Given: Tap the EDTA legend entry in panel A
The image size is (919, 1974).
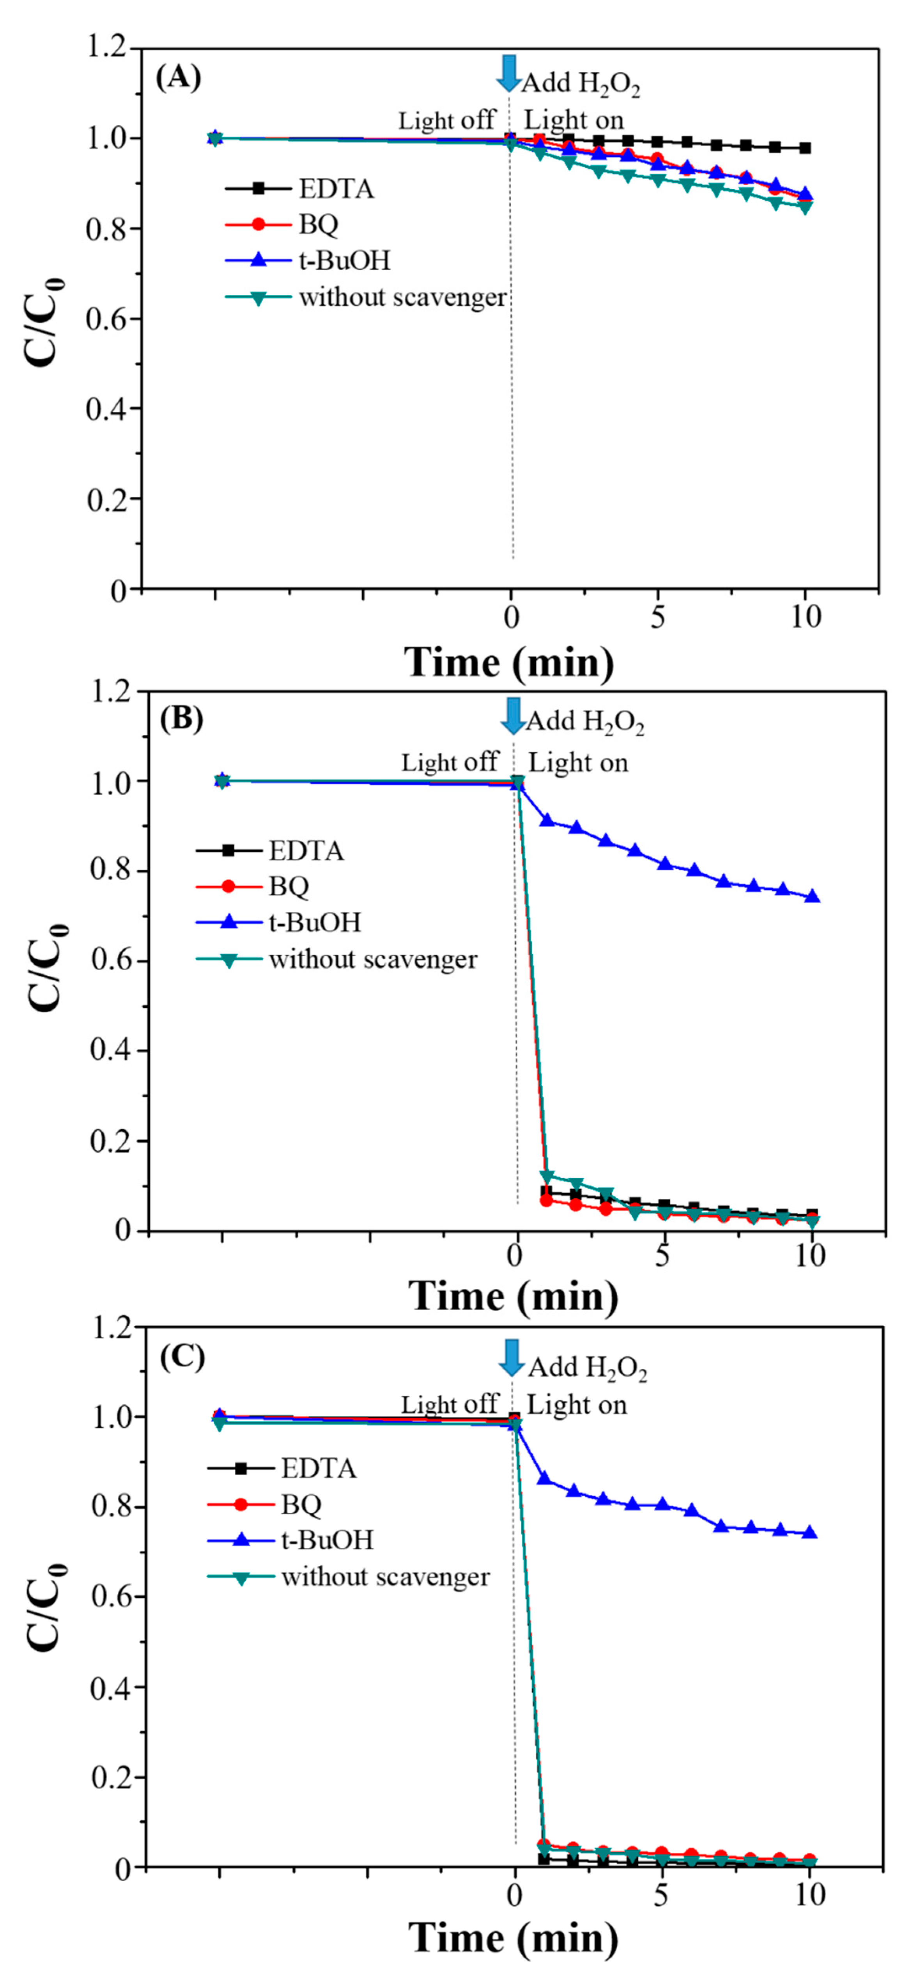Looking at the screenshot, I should pos(336,188).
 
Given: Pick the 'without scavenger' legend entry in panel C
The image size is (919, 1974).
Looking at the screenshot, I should pos(385,1577).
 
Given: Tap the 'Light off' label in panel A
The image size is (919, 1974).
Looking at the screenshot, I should pos(446,121).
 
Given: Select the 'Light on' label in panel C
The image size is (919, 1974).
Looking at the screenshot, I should pos(576,1405).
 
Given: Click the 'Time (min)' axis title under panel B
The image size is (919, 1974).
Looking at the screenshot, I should pos(513,1297).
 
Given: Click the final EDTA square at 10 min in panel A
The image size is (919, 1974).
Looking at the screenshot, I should pos(804,148).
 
